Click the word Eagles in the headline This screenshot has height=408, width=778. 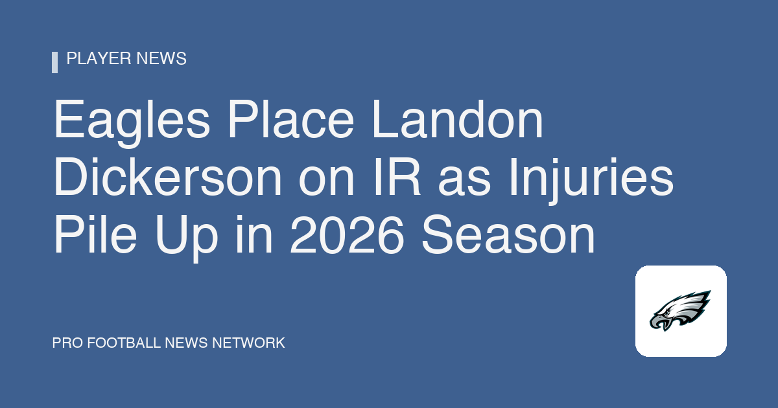132,123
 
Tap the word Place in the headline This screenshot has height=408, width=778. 290,119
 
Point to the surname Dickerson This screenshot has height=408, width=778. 167,176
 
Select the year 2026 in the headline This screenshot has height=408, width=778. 347,234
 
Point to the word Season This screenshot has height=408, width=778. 508,234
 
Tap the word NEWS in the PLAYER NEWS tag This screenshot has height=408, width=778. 161,58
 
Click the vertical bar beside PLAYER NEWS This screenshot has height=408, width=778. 54,62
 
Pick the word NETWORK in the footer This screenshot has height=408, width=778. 248,343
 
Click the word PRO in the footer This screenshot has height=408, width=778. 67,343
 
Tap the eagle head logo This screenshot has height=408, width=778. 680,310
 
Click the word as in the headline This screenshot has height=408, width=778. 465,181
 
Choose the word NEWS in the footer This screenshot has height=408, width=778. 187,343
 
